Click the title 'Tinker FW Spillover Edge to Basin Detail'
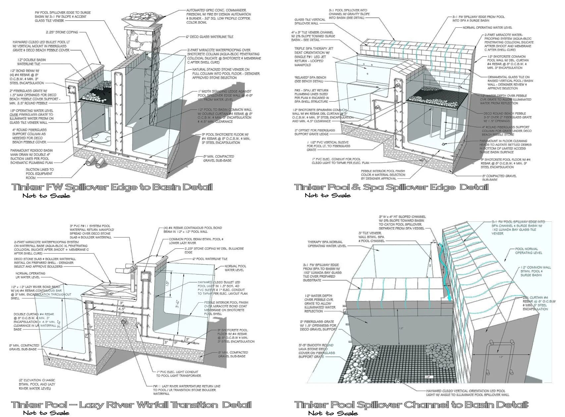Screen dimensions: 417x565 pyautogui.click(x=112, y=187)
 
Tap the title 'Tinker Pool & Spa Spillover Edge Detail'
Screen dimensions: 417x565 pyautogui.click(x=391, y=187)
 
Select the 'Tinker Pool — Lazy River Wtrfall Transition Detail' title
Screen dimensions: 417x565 pyautogui.click(x=131, y=405)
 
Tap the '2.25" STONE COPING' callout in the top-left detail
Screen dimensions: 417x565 pyautogui.click(x=62, y=32)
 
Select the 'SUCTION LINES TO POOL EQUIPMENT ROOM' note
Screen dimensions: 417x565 pyautogui.click(x=39, y=173)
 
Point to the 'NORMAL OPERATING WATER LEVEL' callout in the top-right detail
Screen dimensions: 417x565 pyautogui.click(x=487, y=28)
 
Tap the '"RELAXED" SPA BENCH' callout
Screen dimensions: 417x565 pyautogui.click(x=308, y=79)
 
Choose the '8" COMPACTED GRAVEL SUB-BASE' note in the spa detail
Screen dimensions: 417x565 pyautogui.click(x=499, y=178)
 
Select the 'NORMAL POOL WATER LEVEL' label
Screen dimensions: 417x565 pyautogui.click(x=235, y=268)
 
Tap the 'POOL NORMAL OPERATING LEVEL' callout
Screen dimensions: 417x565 pyautogui.click(x=528, y=251)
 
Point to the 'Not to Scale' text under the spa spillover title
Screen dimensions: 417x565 pyautogui.click(x=327, y=195)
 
